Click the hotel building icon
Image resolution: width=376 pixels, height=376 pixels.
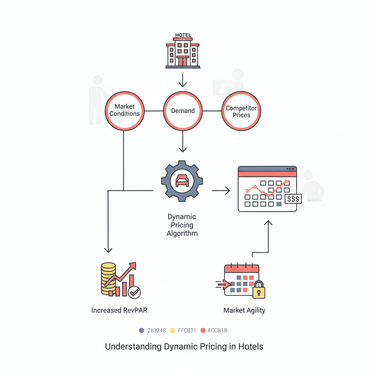pos(182,54)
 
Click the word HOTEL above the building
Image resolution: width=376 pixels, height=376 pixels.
pos(183,35)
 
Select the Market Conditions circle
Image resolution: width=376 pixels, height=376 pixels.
pos(124,110)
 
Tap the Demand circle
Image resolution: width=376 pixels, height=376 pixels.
pos(183,111)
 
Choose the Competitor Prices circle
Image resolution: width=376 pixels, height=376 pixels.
pos(241,111)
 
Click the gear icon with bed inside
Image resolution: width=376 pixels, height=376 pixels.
pos(182,181)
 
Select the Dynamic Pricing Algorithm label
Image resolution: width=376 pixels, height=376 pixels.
pos(182,225)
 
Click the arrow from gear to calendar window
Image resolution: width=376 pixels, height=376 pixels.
pos(221,190)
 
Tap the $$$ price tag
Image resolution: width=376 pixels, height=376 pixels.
pos(293,199)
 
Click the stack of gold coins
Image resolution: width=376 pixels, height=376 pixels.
pos(108,279)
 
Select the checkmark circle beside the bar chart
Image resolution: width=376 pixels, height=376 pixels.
pos(134,292)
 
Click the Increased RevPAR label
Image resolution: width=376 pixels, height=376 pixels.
pos(119,310)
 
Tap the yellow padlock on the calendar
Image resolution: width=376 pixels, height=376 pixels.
pos(258,290)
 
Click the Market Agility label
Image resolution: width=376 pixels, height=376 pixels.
pos(244,310)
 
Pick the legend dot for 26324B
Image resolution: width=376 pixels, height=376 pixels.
pos(142,330)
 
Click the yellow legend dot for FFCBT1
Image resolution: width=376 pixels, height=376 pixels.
pos(174,330)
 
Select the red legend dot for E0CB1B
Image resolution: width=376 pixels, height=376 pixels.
pos(203,330)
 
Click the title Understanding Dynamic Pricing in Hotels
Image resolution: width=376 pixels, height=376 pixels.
pos(184,346)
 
